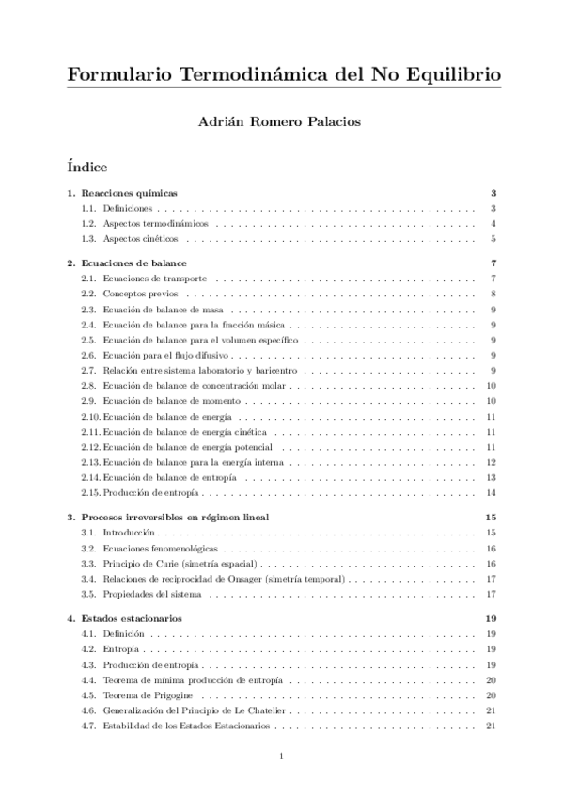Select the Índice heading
pyautogui.click(x=87, y=168)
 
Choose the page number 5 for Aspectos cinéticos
pyautogui.click(x=493, y=239)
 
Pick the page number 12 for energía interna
pyautogui.click(x=491, y=462)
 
